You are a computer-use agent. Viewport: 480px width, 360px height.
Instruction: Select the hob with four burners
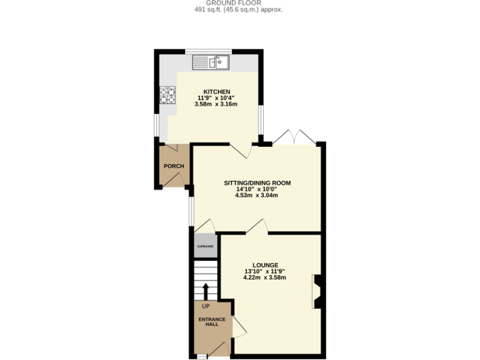(167, 95)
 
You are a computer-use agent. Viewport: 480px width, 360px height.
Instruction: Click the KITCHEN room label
(208, 92)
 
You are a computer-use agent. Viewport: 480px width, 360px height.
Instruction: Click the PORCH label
(173, 166)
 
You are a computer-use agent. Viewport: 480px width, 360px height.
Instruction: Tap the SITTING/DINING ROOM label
(257, 183)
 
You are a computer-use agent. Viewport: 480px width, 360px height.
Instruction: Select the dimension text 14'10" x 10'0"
(256, 189)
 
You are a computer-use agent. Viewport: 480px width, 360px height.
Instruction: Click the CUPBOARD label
(206, 246)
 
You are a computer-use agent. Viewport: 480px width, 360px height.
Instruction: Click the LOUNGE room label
(266, 265)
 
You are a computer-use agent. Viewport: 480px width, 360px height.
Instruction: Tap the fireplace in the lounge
(317, 292)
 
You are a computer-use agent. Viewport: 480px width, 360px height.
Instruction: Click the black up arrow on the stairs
(205, 291)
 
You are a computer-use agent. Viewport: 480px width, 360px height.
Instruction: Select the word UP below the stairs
(206, 306)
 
